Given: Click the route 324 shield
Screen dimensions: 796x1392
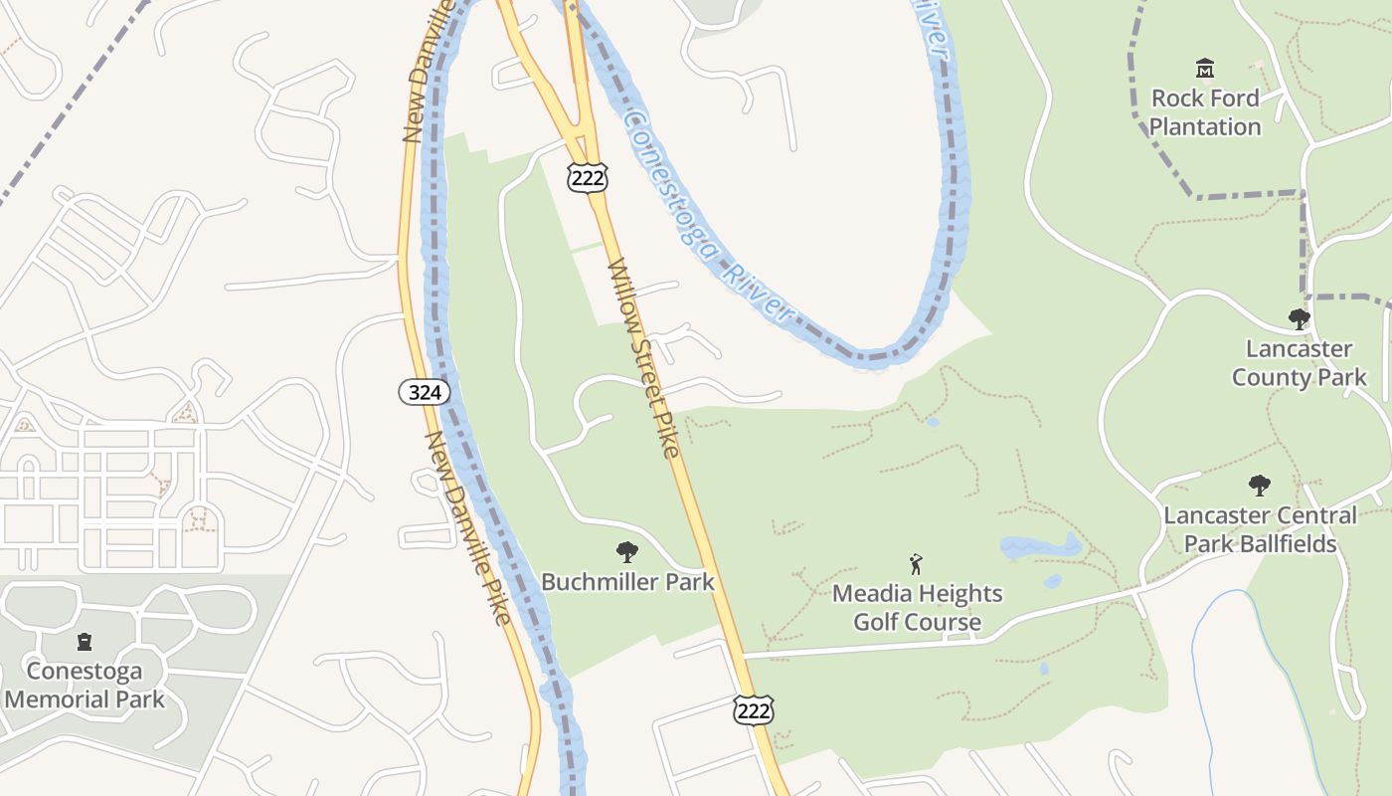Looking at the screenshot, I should pos(425,392).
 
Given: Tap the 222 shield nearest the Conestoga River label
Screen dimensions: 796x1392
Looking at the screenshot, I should pos(587,177).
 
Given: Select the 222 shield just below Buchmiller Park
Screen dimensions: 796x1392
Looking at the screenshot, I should pos(753,710).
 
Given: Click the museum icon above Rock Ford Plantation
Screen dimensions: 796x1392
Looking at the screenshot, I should pos(1205,69).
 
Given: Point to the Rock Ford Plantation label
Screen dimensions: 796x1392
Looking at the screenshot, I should pos(1205,112).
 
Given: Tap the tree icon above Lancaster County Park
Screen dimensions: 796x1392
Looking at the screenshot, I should pos(1299,319).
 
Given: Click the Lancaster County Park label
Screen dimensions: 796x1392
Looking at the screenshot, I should pos(1299,363).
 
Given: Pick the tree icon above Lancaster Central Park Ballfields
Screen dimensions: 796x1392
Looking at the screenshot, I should pos(1259,486).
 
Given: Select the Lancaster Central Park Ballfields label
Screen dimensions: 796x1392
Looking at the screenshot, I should pos(1259,529).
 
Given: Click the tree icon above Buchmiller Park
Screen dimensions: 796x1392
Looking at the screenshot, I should pos(626,551).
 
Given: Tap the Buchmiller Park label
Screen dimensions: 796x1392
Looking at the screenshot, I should pos(627,581).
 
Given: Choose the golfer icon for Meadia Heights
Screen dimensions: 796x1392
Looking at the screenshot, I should pos(916,564).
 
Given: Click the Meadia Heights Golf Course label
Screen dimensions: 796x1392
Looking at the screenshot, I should pos(917,608).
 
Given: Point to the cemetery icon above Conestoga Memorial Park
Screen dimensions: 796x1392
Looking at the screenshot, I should pos(85,642).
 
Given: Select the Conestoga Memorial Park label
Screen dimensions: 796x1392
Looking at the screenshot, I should pos(85,685).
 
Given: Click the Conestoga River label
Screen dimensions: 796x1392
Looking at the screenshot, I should pos(710,219).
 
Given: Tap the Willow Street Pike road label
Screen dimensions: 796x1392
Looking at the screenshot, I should pos(642,358).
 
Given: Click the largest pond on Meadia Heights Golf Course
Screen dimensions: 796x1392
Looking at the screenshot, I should pos(1039,546).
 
